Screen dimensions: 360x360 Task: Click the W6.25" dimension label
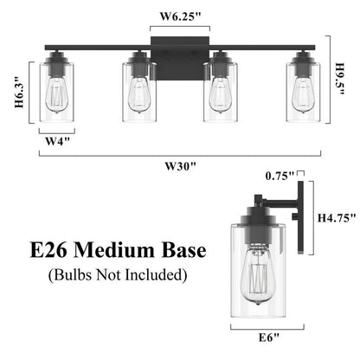[x=179, y=15]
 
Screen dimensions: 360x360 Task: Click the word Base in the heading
[x=177, y=252]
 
